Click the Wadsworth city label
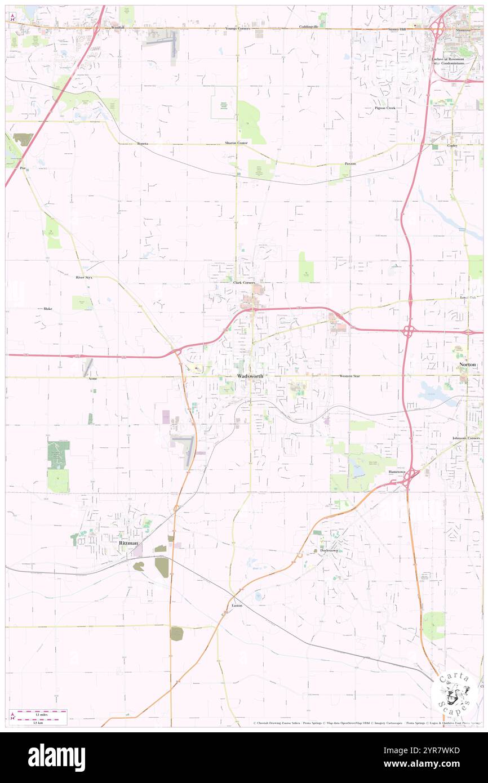point(250,376)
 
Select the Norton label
point(468,364)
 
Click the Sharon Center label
point(237,143)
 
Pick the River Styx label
point(84,278)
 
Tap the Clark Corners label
point(244,282)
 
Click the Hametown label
point(397,473)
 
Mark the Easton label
point(237,605)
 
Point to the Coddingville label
point(308,28)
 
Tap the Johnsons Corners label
point(465,438)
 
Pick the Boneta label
point(143,144)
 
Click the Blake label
point(47,309)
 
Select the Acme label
point(93,379)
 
